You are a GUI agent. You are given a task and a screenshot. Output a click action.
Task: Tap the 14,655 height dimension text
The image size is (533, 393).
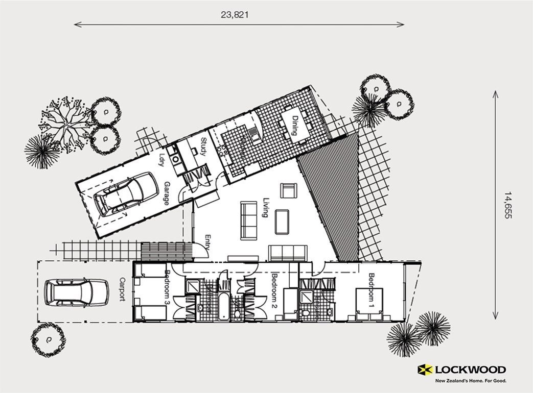[x=507, y=205]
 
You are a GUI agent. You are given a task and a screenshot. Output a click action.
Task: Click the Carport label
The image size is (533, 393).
[x=122, y=289]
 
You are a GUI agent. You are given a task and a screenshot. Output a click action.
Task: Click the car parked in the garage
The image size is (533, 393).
[x=126, y=194]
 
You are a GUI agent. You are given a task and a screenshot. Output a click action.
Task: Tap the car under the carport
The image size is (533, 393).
[x=76, y=292]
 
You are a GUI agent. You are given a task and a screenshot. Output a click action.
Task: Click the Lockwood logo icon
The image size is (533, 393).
[x=425, y=370]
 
